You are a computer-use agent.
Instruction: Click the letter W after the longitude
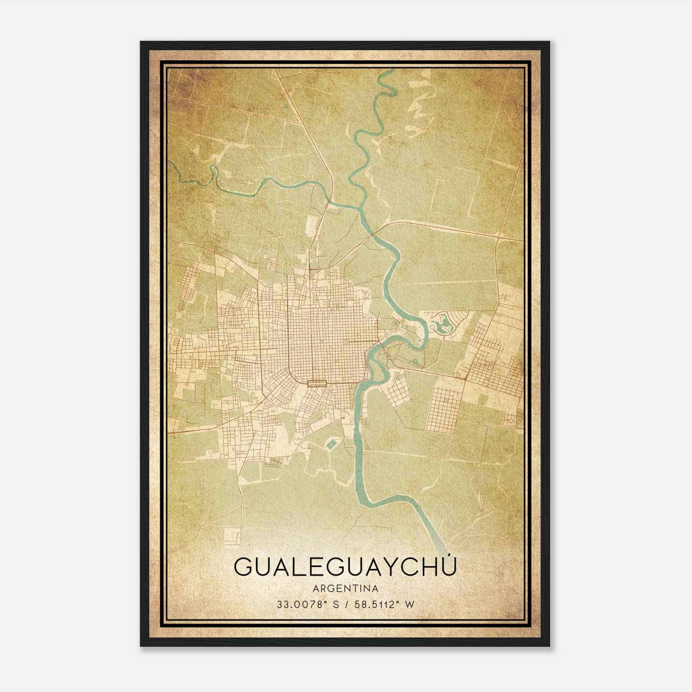click(409, 604)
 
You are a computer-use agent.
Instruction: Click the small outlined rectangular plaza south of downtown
click(316, 383)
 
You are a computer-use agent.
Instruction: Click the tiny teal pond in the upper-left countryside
click(286, 105)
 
